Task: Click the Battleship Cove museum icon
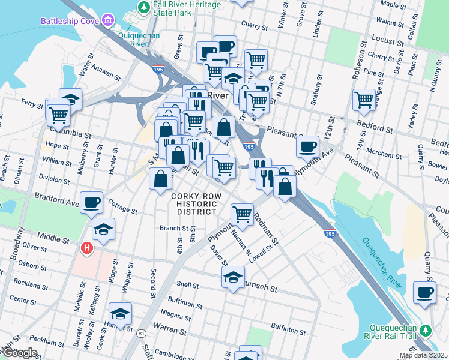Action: (x=107, y=21)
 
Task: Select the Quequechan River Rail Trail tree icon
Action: (x=426, y=331)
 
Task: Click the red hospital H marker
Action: (x=87, y=247)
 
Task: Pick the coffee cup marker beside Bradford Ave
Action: (x=91, y=203)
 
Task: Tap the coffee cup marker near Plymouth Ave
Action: (x=307, y=146)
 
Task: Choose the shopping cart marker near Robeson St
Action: (x=364, y=99)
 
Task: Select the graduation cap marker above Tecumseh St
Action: (x=233, y=277)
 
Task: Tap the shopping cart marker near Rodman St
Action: (x=242, y=214)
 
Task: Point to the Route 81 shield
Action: (x=141, y=333)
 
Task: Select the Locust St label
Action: (x=387, y=43)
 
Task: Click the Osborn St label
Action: (x=28, y=265)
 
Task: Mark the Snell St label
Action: (x=188, y=284)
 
